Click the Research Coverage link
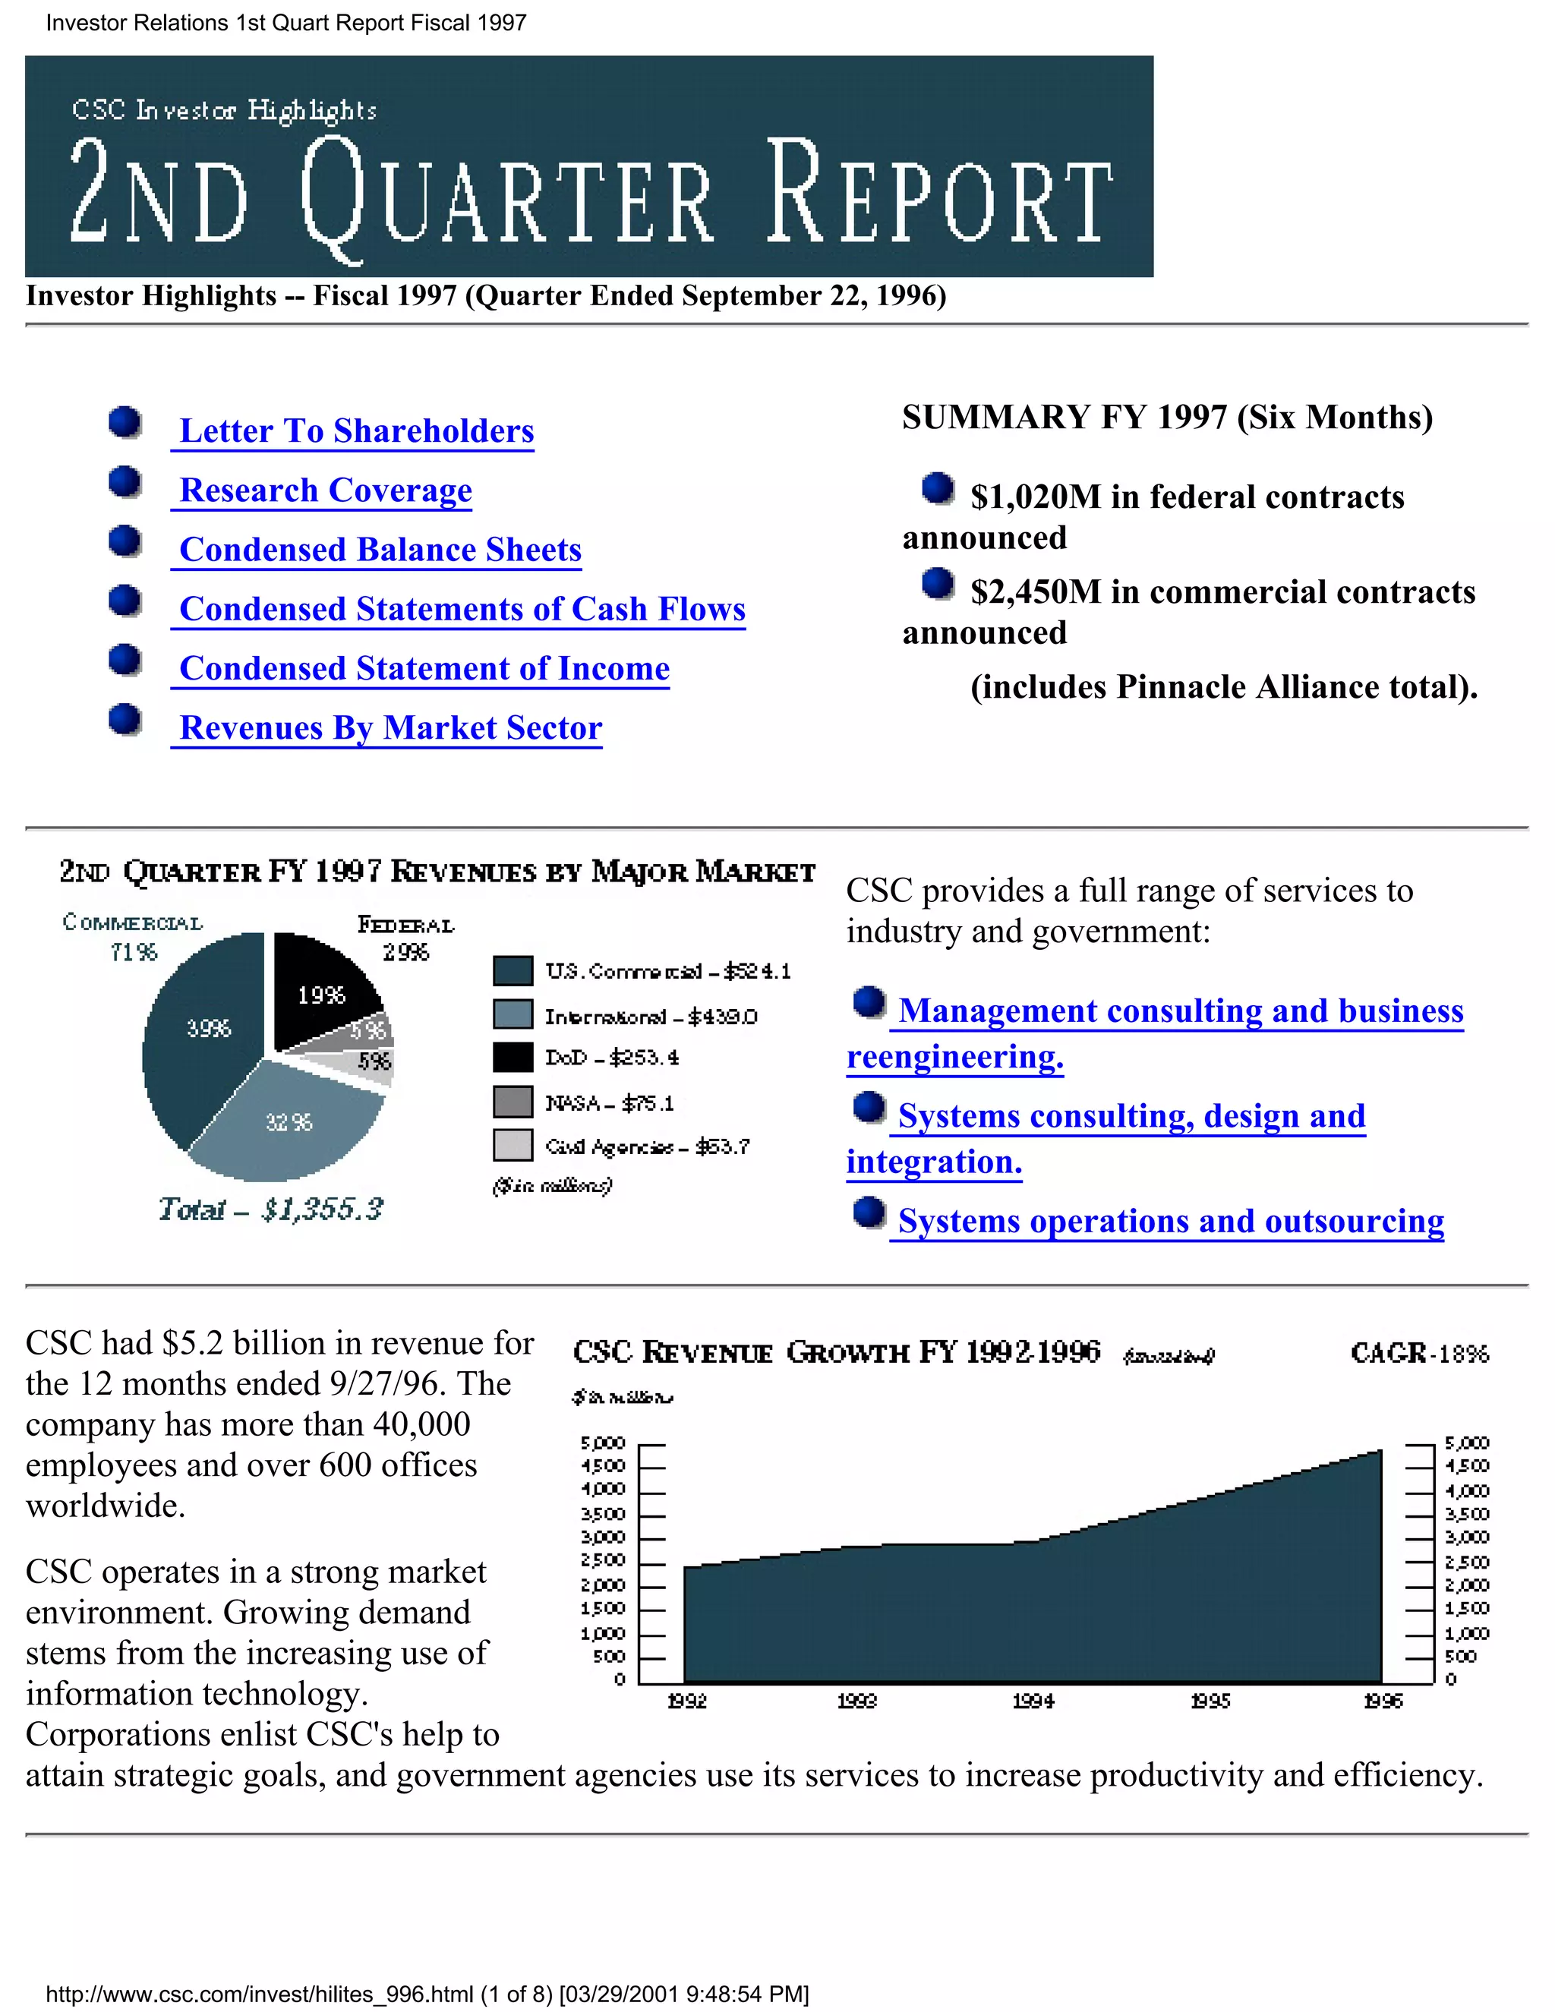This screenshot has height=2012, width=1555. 324,490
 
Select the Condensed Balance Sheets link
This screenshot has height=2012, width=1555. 380,550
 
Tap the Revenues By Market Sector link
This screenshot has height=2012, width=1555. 390,728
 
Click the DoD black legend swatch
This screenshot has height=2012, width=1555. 513,1058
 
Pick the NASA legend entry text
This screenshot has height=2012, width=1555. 609,1102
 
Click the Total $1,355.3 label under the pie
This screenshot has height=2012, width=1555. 270,1209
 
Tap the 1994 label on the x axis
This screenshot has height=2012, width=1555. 1033,1701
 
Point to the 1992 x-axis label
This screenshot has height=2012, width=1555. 686,1701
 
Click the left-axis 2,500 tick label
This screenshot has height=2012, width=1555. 602,1560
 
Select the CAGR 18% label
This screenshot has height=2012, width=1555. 1418,1353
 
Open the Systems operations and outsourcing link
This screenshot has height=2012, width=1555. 1170,1222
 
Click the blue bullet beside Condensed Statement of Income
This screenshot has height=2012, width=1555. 125,661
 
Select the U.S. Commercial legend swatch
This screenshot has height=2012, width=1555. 513,971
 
